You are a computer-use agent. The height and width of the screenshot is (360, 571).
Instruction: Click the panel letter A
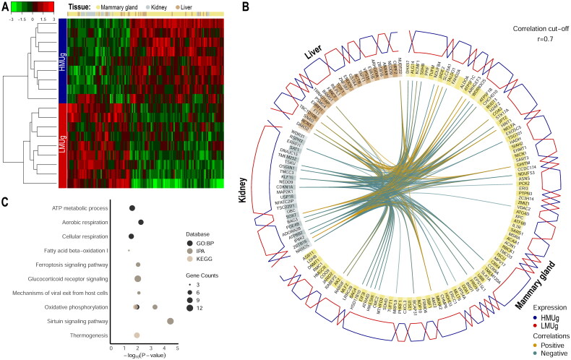pyautogui.click(x=6, y=7)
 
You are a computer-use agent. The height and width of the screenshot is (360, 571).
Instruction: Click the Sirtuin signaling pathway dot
pyautogui.click(x=171, y=321)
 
